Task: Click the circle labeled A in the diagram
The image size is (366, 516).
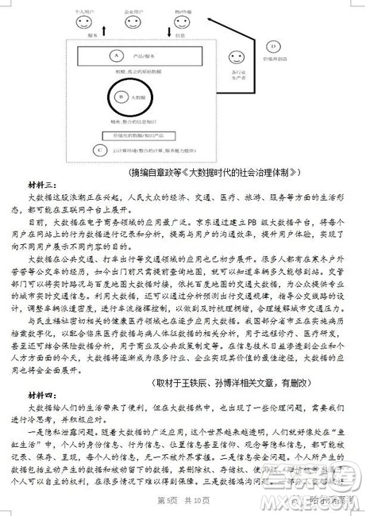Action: [x=116, y=56]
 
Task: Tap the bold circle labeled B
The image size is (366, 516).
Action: [x=121, y=97]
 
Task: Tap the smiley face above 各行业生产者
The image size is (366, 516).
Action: [x=236, y=57]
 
